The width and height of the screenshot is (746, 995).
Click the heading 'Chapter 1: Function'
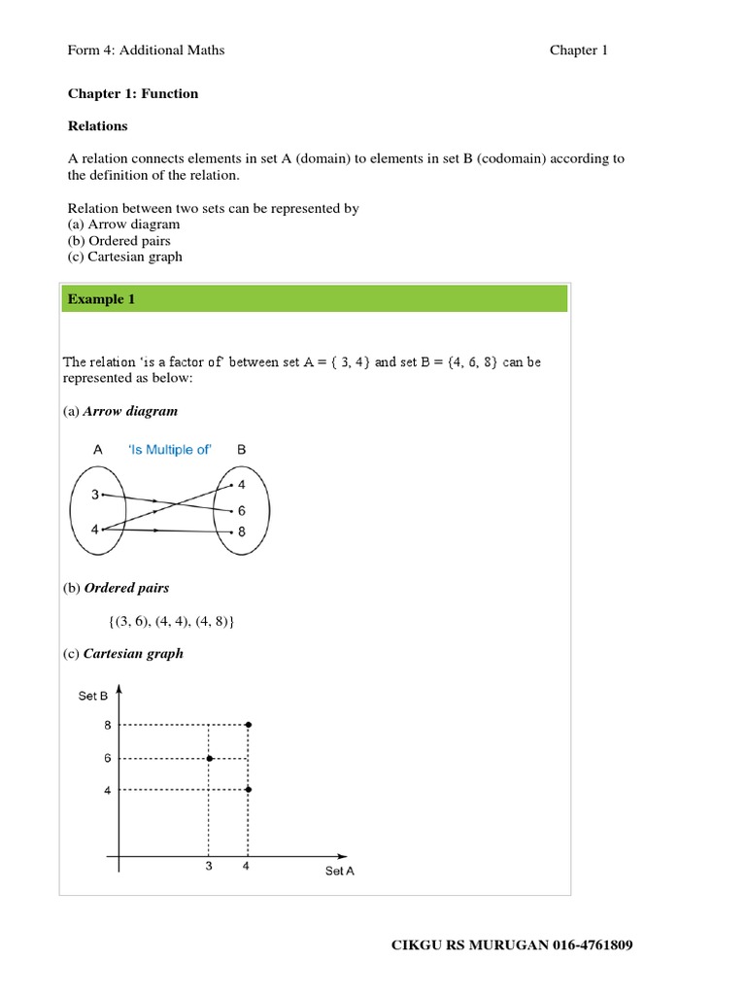pos(132,93)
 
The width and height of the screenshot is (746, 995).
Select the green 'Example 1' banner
pos(315,299)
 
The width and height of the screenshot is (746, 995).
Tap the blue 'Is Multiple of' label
pos(170,450)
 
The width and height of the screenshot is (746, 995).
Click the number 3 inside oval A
pos(94,495)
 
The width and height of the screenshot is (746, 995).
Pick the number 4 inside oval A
pos(94,530)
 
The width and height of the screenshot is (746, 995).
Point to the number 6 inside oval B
pos(241,511)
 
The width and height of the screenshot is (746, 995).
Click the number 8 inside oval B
pos(241,532)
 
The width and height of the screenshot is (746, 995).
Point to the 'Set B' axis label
pos(93,696)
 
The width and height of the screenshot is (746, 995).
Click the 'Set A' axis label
pos(339,871)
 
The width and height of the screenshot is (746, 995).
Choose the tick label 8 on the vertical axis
pos(108,725)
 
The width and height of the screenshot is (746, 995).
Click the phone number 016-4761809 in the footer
pos(593,945)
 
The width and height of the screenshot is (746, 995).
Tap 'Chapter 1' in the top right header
pos(578,51)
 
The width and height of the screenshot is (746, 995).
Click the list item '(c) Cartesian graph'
pos(124,257)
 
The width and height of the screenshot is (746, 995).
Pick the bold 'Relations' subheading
pos(97,126)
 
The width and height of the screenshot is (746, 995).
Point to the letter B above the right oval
pos(242,450)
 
